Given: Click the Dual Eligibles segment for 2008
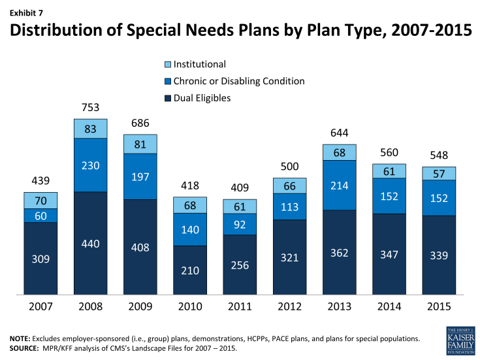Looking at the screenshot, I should [90, 243].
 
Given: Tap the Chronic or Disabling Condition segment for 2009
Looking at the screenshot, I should [140, 176].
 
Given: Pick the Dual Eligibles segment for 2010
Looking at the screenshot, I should [190, 270].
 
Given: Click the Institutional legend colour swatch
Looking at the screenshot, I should [169, 65].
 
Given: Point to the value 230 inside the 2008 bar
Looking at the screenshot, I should [90, 165].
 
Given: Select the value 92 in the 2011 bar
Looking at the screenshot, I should [240, 223].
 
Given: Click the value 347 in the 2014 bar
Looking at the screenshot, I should [389, 254].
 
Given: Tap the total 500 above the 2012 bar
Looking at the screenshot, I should [290, 167].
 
